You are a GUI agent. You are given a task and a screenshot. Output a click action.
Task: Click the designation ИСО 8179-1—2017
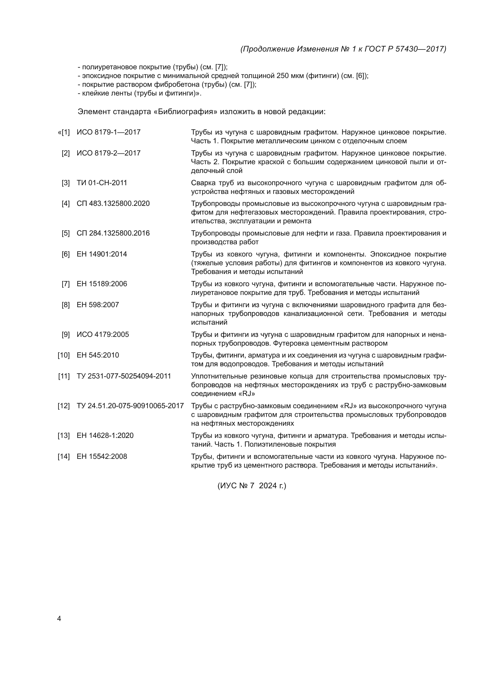[108, 132]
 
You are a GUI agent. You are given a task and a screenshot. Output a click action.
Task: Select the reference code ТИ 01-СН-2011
[101, 183]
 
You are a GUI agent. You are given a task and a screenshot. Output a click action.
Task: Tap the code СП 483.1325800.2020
[113, 204]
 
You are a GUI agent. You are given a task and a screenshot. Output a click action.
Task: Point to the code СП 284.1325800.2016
[113, 233]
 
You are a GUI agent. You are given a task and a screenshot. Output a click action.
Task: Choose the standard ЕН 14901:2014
[101, 254]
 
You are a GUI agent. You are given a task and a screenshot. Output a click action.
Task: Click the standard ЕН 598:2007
[98, 305]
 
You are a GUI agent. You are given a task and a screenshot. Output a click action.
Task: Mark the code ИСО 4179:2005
[103, 335]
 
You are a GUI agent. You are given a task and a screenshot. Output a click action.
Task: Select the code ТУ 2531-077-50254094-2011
[124, 376]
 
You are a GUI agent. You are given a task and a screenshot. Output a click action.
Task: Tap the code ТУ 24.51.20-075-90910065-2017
[130, 406]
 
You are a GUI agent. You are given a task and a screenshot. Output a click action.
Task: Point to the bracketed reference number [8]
[65, 305]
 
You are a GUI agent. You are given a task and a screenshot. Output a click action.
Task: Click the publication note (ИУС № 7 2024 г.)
[252, 486]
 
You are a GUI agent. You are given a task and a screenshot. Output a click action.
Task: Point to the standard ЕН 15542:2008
[101, 457]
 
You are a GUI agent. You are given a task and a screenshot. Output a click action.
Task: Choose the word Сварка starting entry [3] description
[203, 183]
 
